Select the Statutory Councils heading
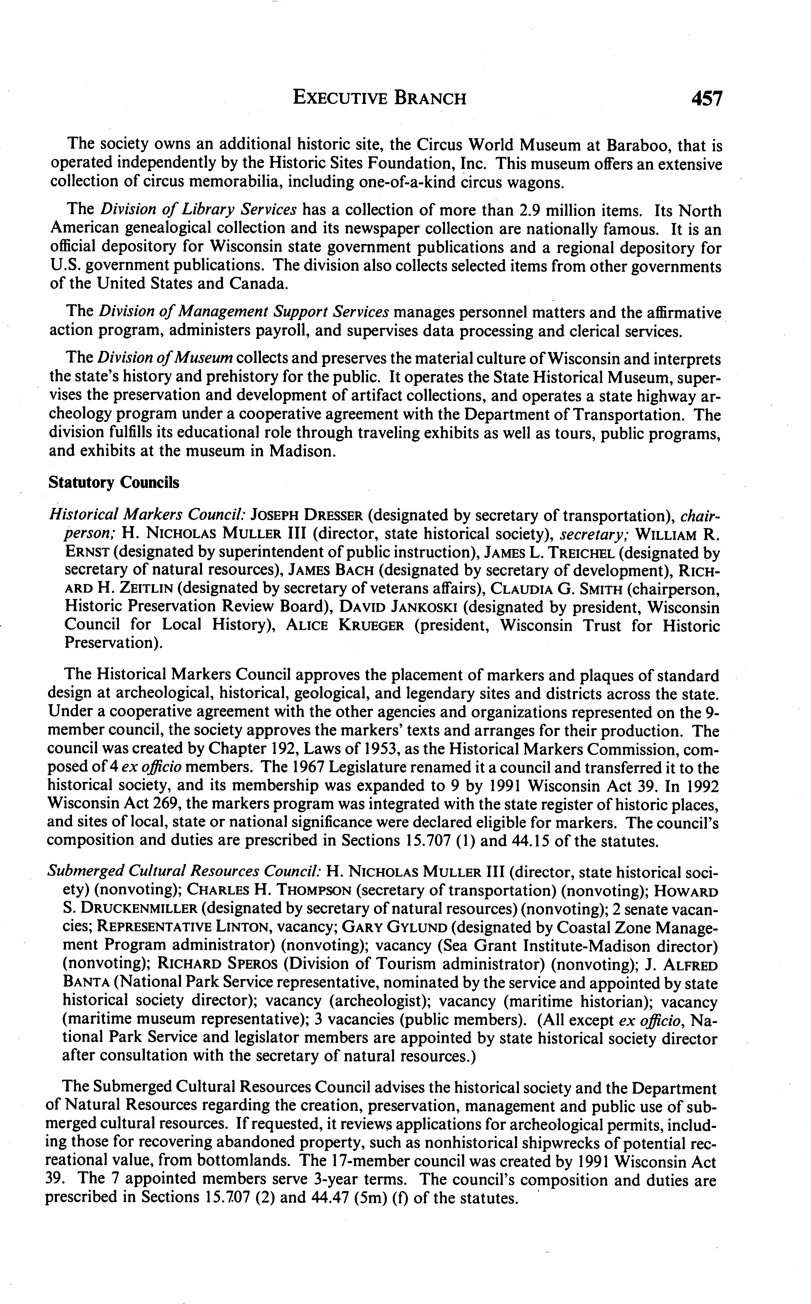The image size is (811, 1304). click(114, 482)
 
